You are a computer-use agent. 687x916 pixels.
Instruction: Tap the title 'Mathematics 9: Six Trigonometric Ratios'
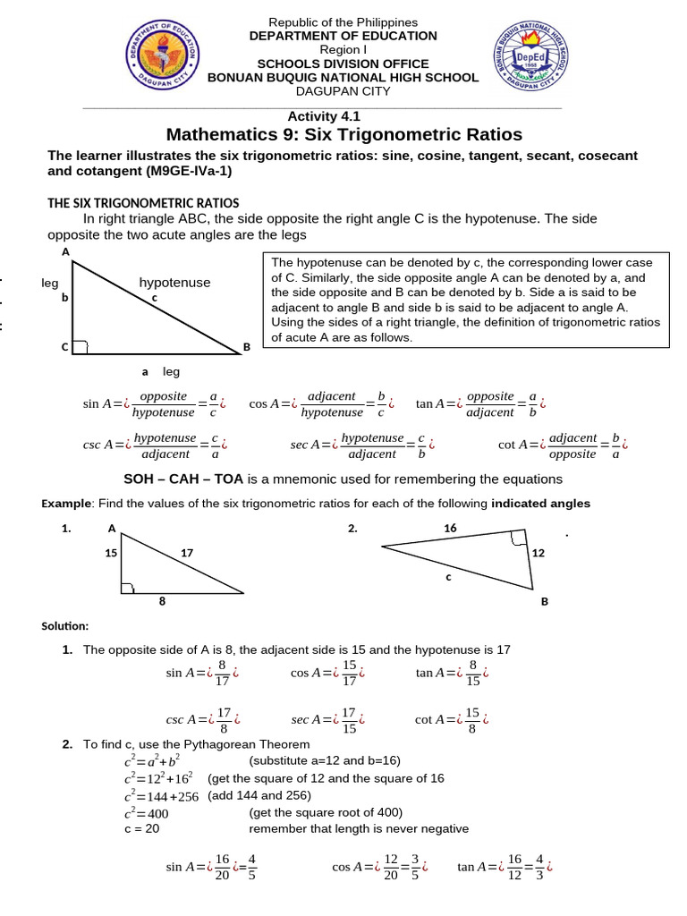(344, 135)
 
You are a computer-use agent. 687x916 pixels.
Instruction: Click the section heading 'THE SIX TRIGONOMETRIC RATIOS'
(143, 203)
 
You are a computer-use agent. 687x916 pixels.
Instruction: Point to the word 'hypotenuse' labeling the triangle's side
(174, 283)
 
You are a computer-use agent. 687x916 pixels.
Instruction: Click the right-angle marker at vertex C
(79, 347)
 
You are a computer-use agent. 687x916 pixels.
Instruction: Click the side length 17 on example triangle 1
(187, 553)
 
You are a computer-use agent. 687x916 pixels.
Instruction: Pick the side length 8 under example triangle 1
(162, 602)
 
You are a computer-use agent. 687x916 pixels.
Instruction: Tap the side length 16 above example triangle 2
(450, 529)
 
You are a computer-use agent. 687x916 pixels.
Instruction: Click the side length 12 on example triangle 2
(538, 553)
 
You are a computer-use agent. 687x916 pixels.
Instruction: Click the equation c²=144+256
(161, 795)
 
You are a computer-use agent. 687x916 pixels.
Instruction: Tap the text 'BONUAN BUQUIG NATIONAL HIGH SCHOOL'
(343, 78)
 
